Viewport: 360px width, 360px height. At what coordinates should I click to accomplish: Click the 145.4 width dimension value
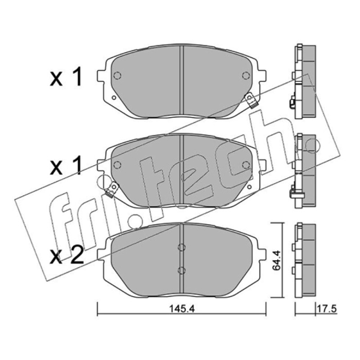click(182, 309)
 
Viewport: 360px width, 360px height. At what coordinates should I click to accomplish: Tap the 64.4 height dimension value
click(276, 261)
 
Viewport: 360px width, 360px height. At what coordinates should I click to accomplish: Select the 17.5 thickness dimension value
click(327, 309)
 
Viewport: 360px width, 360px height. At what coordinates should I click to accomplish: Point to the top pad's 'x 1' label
click(66, 77)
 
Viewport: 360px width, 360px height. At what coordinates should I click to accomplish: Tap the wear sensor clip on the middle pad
click(112, 189)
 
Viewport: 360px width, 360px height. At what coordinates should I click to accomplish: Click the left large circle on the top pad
click(117, 76)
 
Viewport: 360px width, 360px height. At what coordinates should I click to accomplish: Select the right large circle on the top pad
click(246, 76)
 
